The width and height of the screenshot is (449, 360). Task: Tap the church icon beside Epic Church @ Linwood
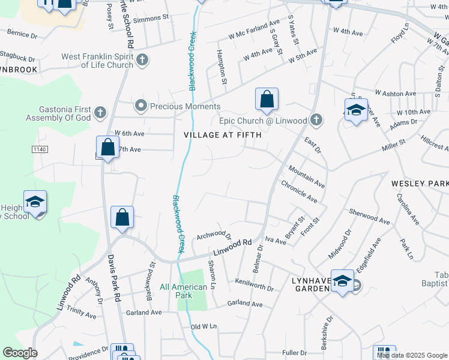pyautogui.click(x=316, y=121)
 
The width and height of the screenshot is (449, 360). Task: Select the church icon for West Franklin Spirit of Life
pyautogui.click(x=142, y=61)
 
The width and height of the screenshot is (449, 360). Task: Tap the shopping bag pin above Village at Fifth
pyautogui.click(x=267, y=100)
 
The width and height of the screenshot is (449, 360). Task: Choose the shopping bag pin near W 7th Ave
pyautogui.click(x=107, y=148)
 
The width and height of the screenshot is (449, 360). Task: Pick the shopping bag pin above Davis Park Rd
pyautogui.click(x=122, y=218)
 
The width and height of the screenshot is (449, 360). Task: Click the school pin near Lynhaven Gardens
pyautogui.click(x=342, y=281)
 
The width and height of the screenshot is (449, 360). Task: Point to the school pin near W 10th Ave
pyautogui.click(x=356, y=110)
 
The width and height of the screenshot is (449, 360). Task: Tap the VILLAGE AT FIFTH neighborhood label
pyautogui.click(x=223, y=135)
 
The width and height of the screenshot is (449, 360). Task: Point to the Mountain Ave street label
pyautogui.click(x=306, y=177)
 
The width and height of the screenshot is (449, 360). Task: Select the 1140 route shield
pyautogui.click(x=40, y=148)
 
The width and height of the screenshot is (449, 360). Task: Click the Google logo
pyautogui.click(x=20, y=353)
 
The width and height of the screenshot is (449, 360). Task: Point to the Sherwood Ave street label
pyautogui.click(x=369, y=217)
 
